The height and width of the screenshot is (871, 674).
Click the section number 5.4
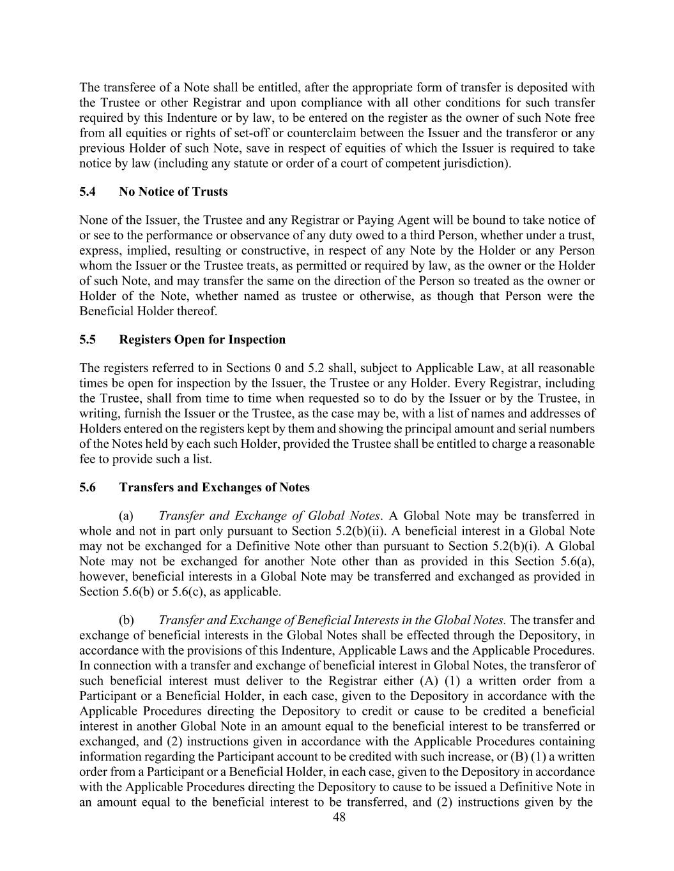tap(88, 192)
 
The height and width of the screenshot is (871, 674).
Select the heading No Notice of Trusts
tap(173, 192)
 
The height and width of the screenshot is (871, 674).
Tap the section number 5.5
tap(88, 339)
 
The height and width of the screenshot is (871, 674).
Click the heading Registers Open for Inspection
tap(202, 339)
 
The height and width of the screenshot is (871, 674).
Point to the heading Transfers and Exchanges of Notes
tap(214, 488)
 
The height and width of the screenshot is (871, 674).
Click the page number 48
tap(339, 817)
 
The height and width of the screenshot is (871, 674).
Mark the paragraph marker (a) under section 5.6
tap(126, 516)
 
